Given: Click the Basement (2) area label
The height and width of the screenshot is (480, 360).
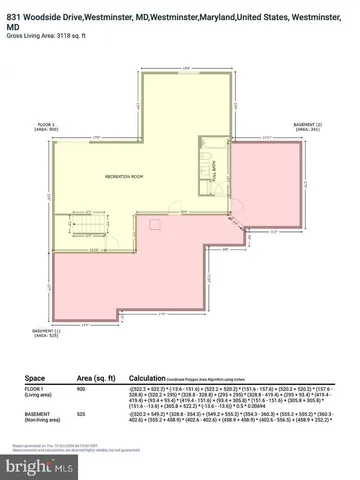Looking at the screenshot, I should (304, 127).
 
